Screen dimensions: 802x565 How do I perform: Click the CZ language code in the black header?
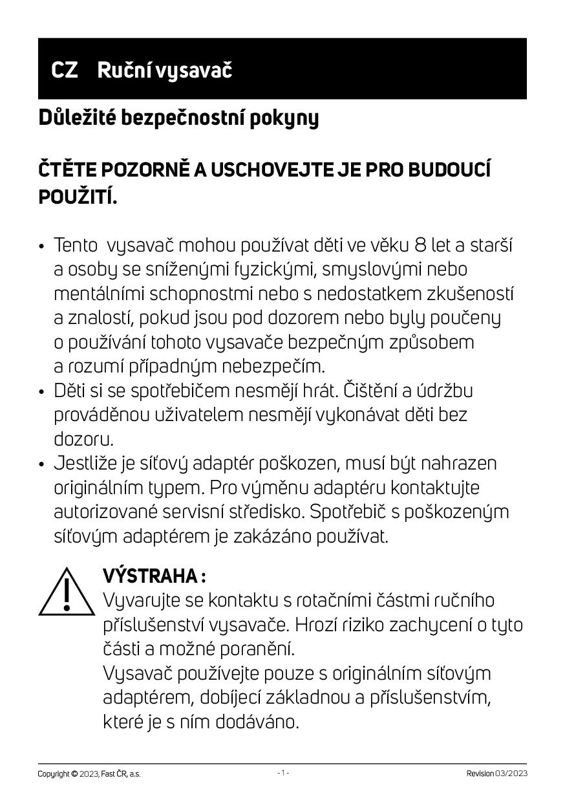tap(65, 70)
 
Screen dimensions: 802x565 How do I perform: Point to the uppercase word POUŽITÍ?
tap(78, 197)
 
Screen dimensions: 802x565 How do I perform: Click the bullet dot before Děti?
tap(41, 392)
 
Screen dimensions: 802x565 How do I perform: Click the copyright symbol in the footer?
tap(75, 774)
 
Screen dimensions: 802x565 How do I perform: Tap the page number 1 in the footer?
tap(283, 773)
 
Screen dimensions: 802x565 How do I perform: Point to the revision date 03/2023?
tap(511, 774)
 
